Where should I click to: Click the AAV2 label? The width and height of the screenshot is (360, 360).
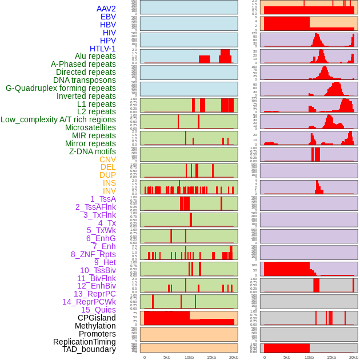pyautogui.click(x=106, y=9)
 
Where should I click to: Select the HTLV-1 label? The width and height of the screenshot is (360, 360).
pyautogui.click(x=102, y=49)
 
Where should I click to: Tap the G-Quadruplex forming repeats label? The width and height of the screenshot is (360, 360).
pyautogui.click(x=61, y=88)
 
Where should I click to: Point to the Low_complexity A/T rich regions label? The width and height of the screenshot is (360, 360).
pyautogui.click(x=58, y=119)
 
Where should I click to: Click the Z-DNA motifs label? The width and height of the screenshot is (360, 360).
pyautogui.click(x=92, y=151)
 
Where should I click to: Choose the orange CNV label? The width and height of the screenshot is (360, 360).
pyautogui.click(x=107, y=159)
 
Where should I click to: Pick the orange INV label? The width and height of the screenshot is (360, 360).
pyautogui.click(x=109, y=191)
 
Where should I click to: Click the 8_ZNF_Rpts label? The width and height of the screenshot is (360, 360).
pyautogui.click(x=93, y=254)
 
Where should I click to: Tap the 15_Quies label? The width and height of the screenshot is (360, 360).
pyautogui.click(x=98, y=310)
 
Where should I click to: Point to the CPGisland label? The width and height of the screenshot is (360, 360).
pyautogui.click(x=97, y=318)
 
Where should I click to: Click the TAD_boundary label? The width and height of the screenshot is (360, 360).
pyautogui.click(x=89, y=349)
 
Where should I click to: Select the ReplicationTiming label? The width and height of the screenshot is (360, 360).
pyautogui.click(x=84, y=342)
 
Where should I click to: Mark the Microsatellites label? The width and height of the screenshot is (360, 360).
pyautogui.click(x=90, y=127)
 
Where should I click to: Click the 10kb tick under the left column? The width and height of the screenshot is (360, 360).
pyautogui.click(x=189, y=357)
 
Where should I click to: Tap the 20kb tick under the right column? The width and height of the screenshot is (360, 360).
pyautogui.click(x=354, y=357)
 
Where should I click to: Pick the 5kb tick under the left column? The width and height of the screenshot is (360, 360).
pyautogui.click(x=167, y=357)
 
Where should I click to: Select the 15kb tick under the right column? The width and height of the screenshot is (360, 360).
pyautogui.click(x=331, y=357)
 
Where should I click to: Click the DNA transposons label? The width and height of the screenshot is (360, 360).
pyautogui.click(x=85, y=80)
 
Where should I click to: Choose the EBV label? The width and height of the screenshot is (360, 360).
pyautogui.click(x=108, y=17)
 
